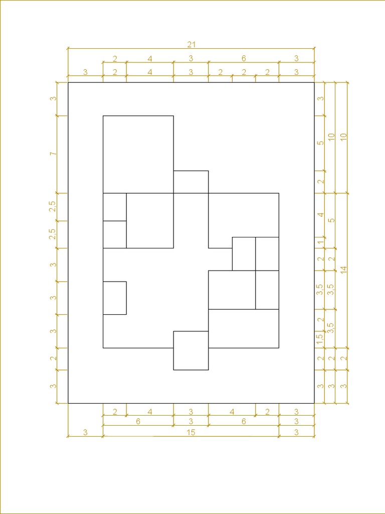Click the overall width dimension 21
pos(191,45)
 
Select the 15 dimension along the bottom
pos(191,432)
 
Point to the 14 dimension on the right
pos(343,270)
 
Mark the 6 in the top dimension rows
pos(244,59)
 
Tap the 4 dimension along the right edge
pos(321,215)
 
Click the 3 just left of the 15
pos(85,432)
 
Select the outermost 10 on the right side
pos(343,138)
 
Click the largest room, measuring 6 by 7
pos(138,155)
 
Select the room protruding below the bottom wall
pos(191,350)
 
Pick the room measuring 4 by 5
pos(150,221)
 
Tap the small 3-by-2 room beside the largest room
pos(191,182)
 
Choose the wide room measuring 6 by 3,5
pos(244,328)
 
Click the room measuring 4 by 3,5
pos(232,290)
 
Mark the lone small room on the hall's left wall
pos(115,298)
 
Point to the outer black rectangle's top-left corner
pos(68,83)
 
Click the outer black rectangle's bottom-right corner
pos(314,403)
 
